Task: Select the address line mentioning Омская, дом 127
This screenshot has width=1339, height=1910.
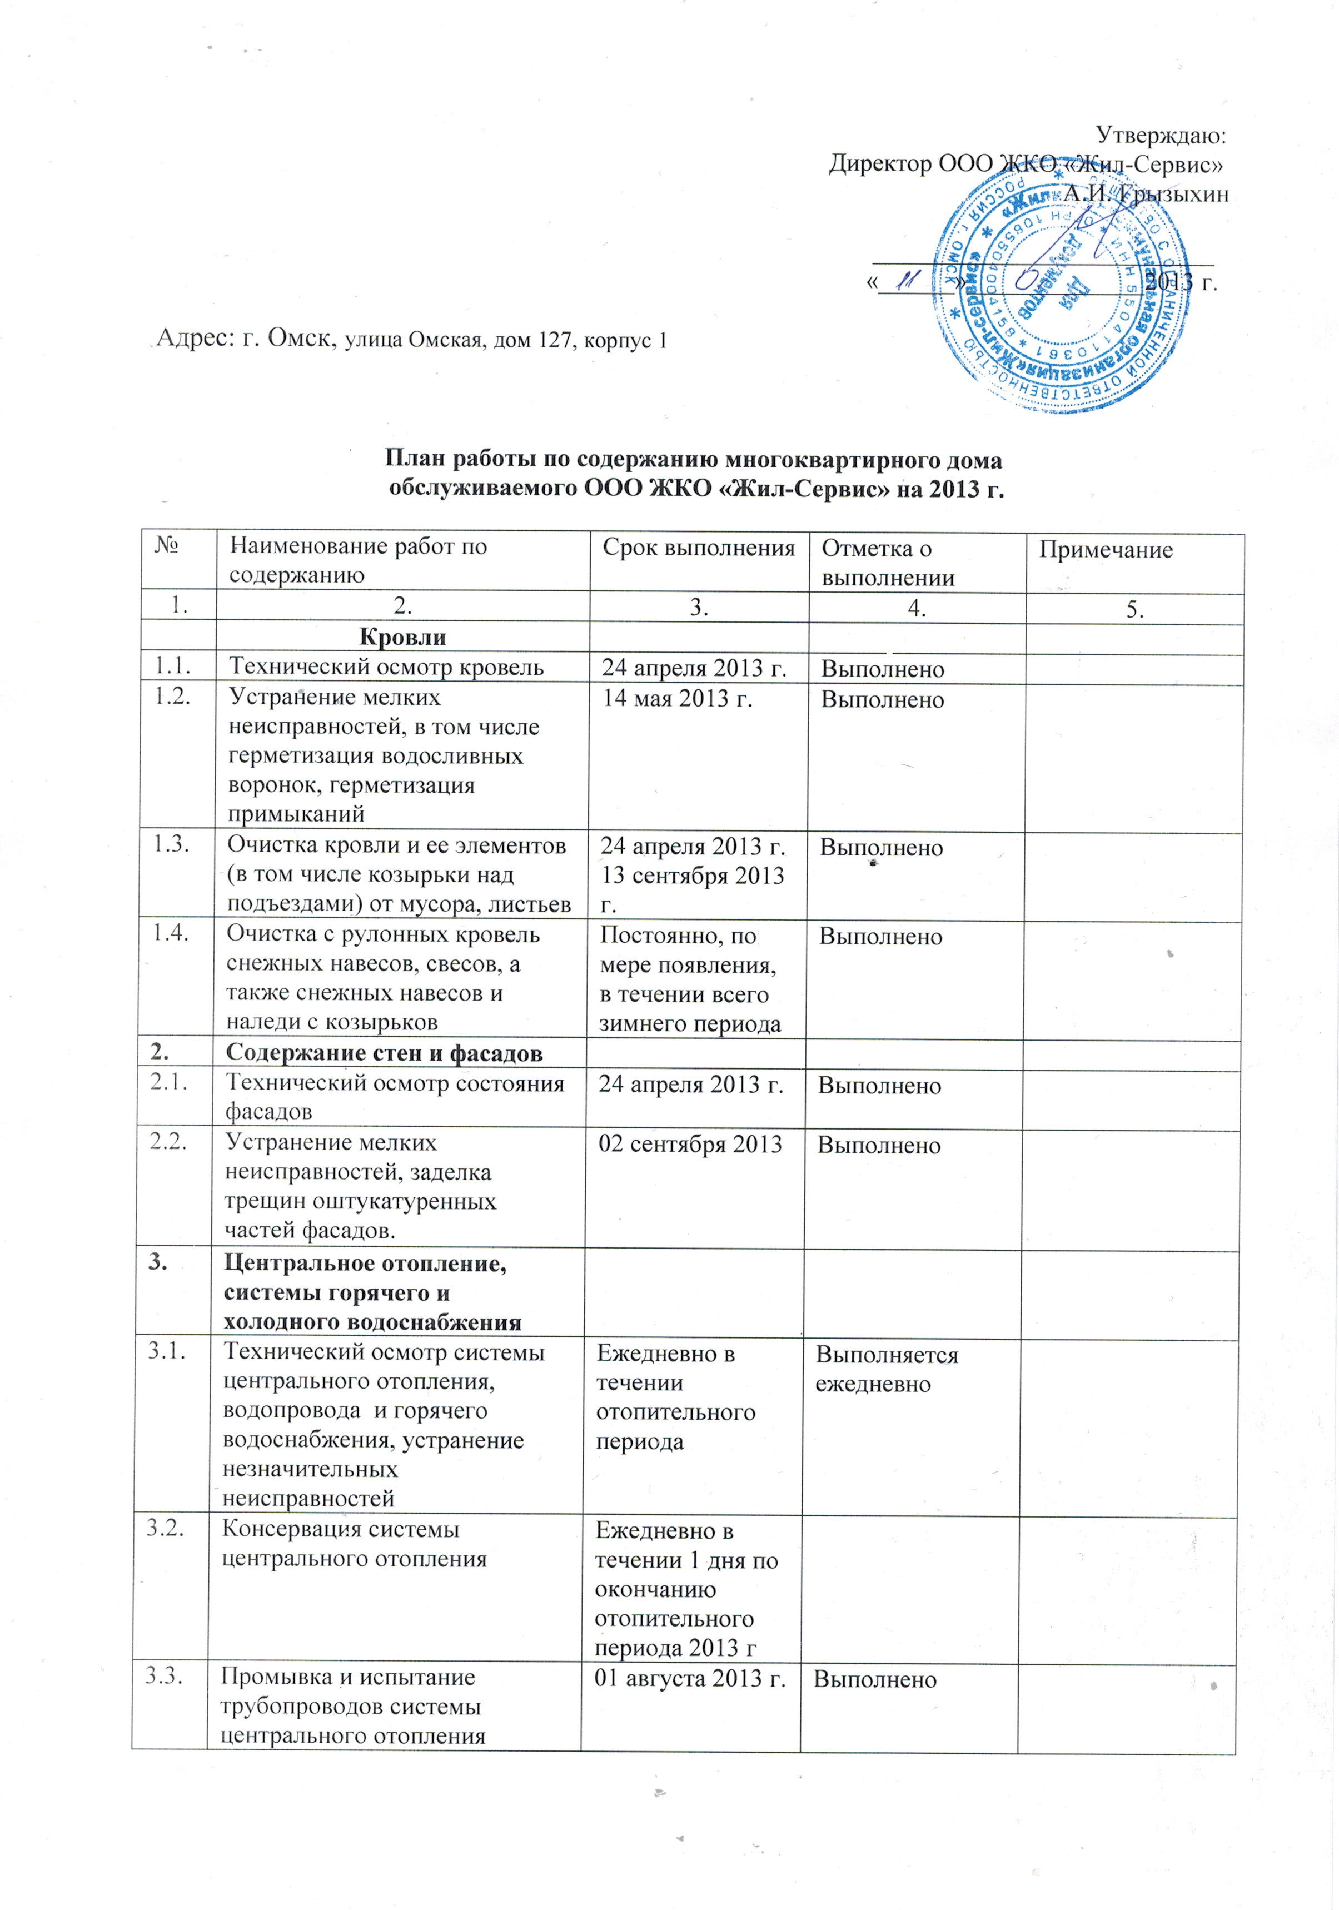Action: point(412,340)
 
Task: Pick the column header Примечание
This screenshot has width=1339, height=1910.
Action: point(1106,550)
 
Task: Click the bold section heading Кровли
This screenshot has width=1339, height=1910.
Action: point(402,637)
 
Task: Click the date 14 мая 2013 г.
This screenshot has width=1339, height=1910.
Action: point(677,698)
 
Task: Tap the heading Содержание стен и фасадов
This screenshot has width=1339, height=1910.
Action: point(384,1053)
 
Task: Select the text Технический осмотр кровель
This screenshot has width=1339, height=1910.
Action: point(387,667)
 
